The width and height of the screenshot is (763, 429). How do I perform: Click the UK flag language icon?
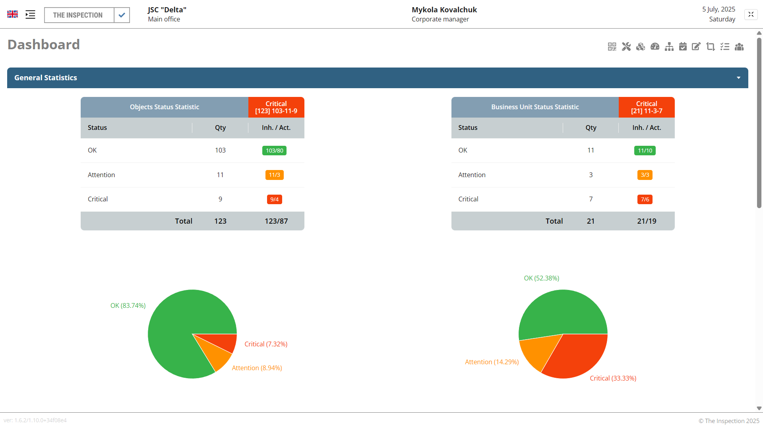point(12,14)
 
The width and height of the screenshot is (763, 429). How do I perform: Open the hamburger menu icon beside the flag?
point(30,15)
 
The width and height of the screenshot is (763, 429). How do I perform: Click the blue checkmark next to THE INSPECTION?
point(122,15)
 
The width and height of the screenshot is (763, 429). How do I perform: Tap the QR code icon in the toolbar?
point(612,47)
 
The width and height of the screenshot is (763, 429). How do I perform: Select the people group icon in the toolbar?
point(739,47)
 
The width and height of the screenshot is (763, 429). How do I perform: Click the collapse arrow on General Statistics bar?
point(738,78)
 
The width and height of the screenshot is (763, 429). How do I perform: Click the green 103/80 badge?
point(274,151)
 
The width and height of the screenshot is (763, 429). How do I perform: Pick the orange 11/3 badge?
point(274,175)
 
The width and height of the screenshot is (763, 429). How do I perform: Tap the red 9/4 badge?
point(274,199)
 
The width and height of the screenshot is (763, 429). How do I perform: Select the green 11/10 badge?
point(645,151)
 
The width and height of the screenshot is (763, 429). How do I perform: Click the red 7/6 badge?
point(645,199)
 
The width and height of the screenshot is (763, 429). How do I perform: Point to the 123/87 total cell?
point(276,221)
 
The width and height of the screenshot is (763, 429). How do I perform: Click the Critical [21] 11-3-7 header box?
point(647,107)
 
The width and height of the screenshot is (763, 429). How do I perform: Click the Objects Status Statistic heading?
point(165,107)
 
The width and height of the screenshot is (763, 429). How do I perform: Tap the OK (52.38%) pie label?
point(541,278)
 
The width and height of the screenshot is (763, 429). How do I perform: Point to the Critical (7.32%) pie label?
point(266,344)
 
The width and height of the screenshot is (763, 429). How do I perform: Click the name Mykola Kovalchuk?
point(444,10)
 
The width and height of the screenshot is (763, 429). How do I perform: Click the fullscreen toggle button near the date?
point(751,15)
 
